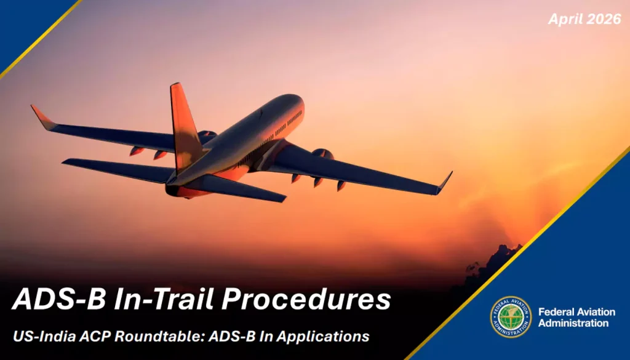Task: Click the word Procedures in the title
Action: pos(306,299)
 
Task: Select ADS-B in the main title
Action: pos(59,299)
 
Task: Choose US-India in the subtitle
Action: pos(44,336)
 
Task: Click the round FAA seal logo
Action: pos(510,317)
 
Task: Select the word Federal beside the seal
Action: pos(556,312)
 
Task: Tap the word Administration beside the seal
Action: pos(573,323)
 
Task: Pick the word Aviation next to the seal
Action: pos(596,312)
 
